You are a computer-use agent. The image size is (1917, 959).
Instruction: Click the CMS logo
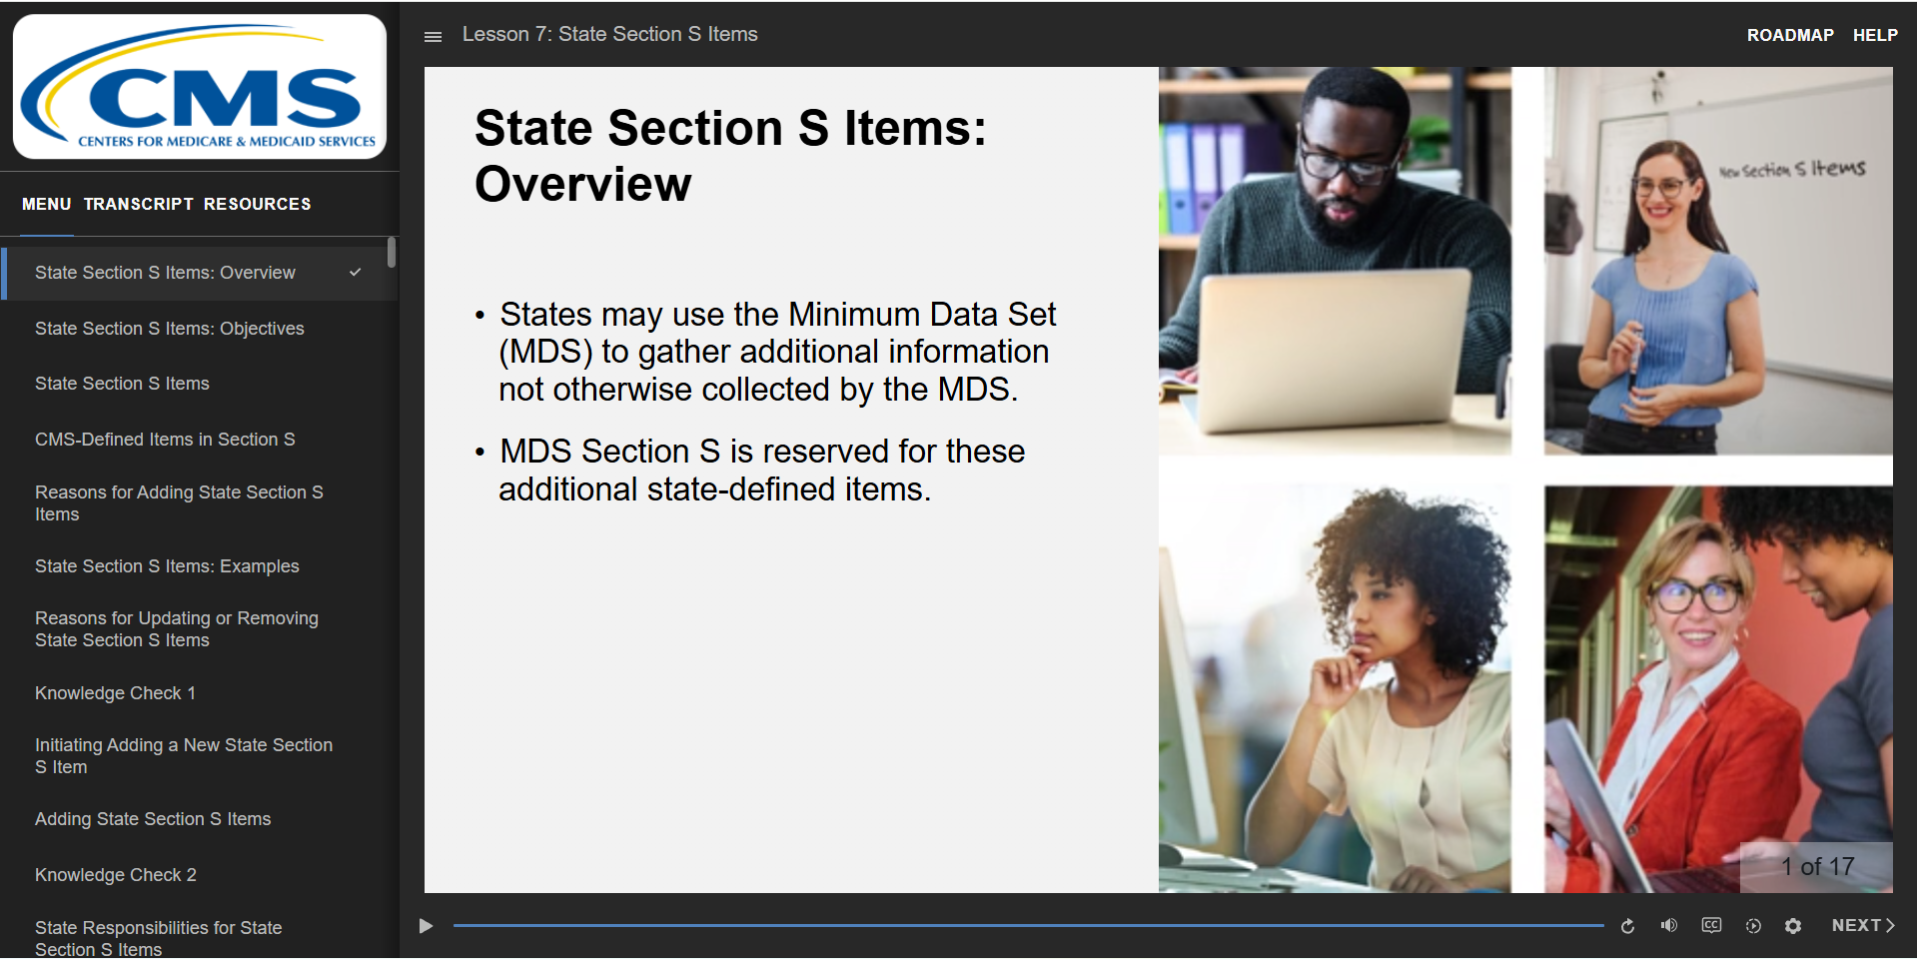(199, 87)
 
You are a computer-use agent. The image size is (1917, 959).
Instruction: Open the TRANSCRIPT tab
(138, 204)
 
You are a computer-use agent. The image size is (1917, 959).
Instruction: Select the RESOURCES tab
(257, 204)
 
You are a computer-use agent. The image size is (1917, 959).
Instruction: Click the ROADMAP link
(1789, 35)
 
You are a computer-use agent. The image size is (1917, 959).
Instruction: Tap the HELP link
(1875, 35)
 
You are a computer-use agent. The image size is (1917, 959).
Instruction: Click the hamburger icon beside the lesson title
(433, 36)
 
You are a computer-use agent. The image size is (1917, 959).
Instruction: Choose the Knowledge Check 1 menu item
(115, 693)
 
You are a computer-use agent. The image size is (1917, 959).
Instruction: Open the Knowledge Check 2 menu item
(115, 875)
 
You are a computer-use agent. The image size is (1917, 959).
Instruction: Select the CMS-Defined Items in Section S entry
(165, 440)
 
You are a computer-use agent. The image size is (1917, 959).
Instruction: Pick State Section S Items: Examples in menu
(167, 566)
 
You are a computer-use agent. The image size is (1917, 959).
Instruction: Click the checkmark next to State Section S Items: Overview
(355, 272)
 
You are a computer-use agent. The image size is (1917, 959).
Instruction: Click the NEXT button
(1863, 926)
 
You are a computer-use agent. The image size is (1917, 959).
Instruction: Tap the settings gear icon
(1793, 926)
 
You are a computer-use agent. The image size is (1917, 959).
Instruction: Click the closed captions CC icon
(1711, 925)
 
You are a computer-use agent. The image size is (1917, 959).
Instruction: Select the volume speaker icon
(1668, 925)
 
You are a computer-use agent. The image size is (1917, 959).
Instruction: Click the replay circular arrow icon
(1627, 926)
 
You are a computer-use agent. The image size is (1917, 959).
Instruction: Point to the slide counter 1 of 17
(1817, 867)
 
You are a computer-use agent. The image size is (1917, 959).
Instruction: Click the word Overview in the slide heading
(582, 184)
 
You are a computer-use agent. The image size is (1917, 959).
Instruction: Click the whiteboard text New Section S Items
(1792, 169)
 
